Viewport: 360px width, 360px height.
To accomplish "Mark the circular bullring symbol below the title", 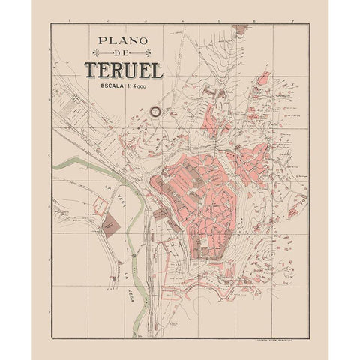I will click(156, 111).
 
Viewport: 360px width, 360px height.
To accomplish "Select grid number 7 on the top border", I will click(292, 21).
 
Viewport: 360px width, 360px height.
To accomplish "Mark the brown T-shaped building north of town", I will click(211, 94).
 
